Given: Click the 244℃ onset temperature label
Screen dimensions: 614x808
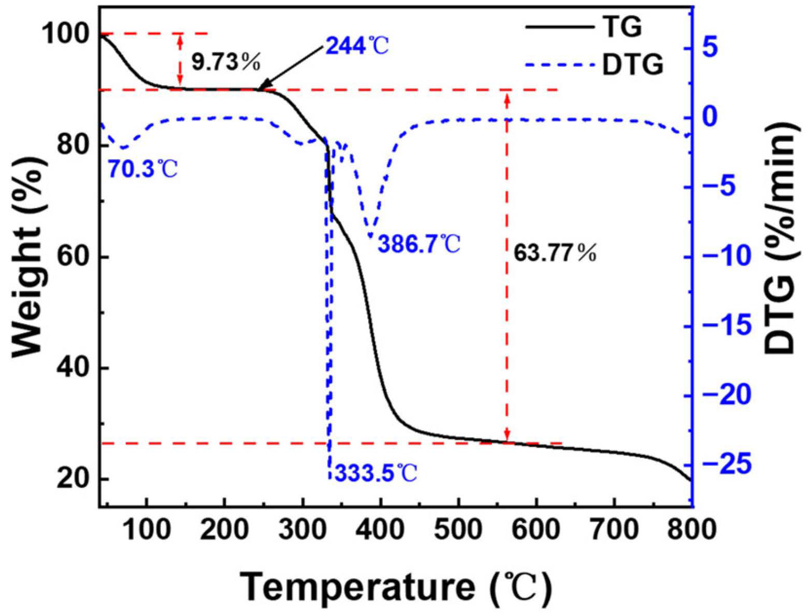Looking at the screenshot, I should click(356, 46).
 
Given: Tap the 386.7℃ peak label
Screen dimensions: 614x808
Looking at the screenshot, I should click(418, 244).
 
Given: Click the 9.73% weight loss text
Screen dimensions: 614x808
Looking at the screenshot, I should click(226, 62).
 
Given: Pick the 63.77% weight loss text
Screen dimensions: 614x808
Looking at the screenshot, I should click(555, 253).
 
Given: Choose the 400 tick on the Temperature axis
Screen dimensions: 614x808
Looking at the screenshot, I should click(380, 530).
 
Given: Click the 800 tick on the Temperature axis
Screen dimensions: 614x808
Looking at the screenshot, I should click(691, 530).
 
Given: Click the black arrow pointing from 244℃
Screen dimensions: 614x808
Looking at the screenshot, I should click(292, 68).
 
